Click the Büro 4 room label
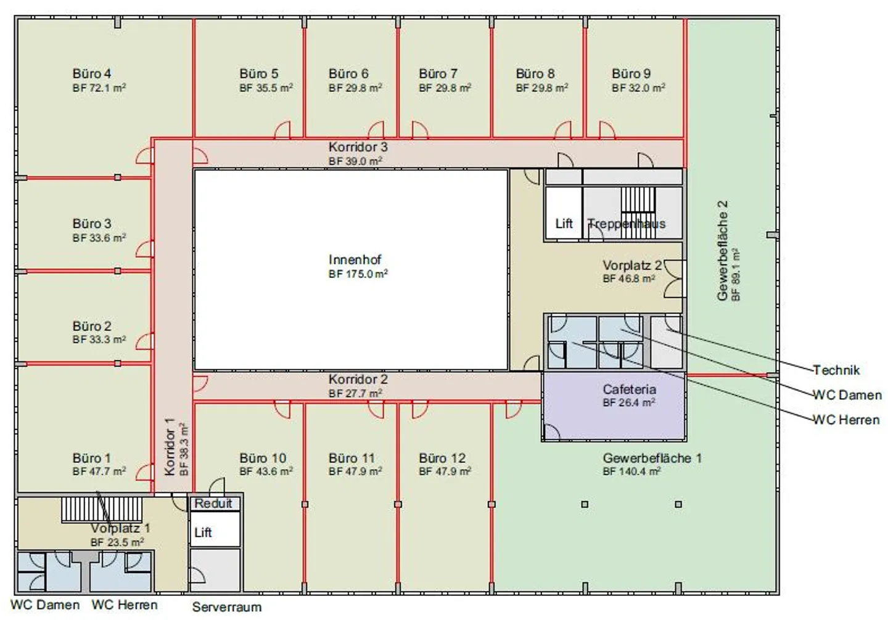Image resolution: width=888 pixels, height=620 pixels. [x=91, y=74]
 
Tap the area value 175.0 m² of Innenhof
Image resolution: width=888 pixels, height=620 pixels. [x=358, y=274]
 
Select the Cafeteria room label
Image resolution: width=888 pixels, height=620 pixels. [x=629, y=389]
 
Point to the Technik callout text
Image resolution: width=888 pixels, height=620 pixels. [x=836, y=370]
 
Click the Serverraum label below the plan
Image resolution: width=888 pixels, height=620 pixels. [x=227, y=607]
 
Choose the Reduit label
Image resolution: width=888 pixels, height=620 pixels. [x=213, y=504]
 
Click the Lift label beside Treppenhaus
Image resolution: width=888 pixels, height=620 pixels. [x=564, y=224]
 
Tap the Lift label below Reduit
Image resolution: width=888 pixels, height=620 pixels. [x=203, y=532]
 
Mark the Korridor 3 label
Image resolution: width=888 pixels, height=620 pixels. [x=358, y=147]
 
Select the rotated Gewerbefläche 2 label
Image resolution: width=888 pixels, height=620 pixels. [x=722, y=251]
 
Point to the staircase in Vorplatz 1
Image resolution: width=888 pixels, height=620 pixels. [x=102, y=509]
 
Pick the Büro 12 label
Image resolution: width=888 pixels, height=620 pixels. [x=442, y=458]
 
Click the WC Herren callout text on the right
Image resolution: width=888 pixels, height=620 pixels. [x=846, y=420]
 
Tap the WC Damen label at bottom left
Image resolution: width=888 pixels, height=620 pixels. [x=45, y=605]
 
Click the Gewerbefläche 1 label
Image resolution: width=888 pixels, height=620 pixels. [x=652, y=458]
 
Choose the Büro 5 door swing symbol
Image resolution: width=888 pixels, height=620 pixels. [x=282, y=130]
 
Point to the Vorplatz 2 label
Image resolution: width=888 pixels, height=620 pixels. [x=632, y=265]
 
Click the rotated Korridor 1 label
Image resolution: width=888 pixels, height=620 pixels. [x=170, y=446]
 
